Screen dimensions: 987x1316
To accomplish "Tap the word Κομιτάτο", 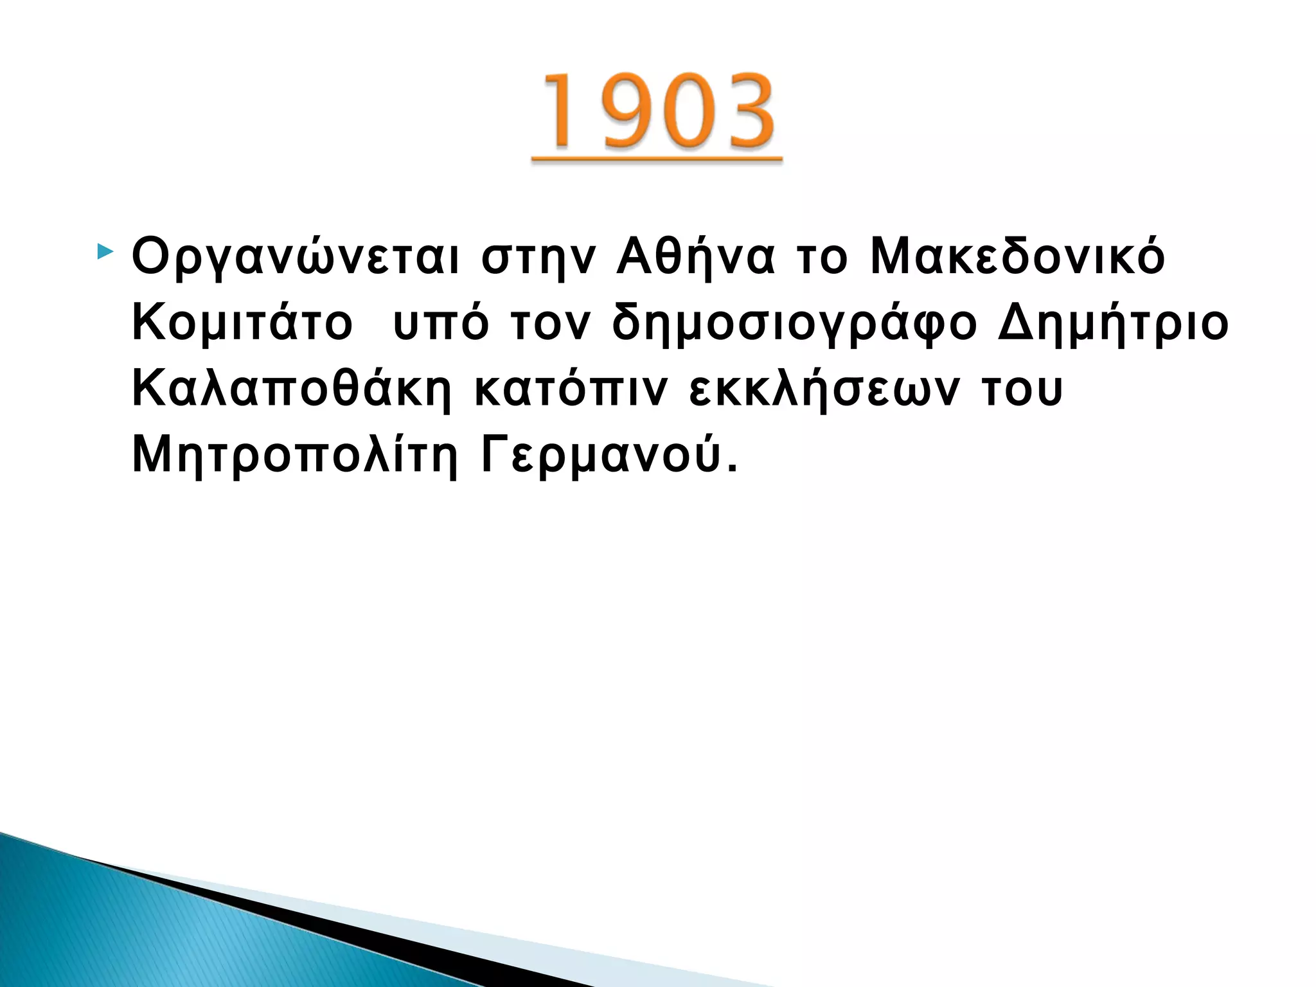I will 242,323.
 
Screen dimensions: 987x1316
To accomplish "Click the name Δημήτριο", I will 1113,323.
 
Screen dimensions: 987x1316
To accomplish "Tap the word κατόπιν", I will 571,390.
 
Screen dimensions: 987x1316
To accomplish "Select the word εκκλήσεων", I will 825,390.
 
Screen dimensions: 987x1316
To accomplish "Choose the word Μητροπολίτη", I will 295,456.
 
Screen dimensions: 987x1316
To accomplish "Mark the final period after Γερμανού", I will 733,469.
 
